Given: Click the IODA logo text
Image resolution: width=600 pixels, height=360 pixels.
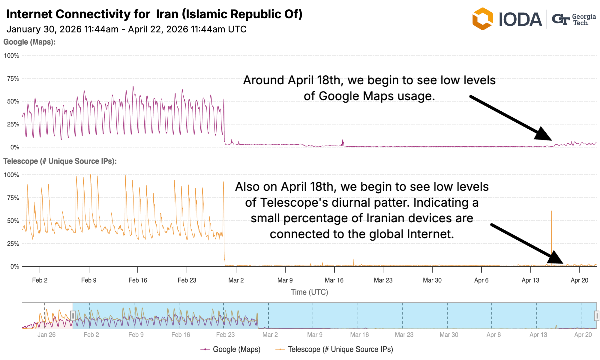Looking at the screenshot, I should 520,19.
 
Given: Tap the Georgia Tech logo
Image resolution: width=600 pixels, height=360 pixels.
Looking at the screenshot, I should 574,19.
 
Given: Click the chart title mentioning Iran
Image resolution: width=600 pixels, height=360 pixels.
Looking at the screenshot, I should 154,14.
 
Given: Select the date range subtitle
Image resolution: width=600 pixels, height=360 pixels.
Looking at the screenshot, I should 126,29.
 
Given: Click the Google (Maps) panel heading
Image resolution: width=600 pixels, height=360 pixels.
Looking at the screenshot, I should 29,42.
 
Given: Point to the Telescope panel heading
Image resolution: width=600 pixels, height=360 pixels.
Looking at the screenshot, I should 60,161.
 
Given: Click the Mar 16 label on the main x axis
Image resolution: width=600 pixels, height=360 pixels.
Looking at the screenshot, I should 334,280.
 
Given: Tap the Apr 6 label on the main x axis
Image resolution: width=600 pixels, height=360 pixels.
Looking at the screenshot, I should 481,280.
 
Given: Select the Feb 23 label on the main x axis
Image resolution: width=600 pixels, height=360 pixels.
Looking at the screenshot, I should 187,280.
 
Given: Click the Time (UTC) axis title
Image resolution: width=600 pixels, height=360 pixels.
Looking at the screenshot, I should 309,292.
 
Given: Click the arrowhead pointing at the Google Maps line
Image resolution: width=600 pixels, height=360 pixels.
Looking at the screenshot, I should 544,135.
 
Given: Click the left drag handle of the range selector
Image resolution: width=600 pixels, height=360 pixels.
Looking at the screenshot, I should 73,316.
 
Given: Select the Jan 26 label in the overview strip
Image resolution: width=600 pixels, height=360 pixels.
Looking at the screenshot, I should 46,335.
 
